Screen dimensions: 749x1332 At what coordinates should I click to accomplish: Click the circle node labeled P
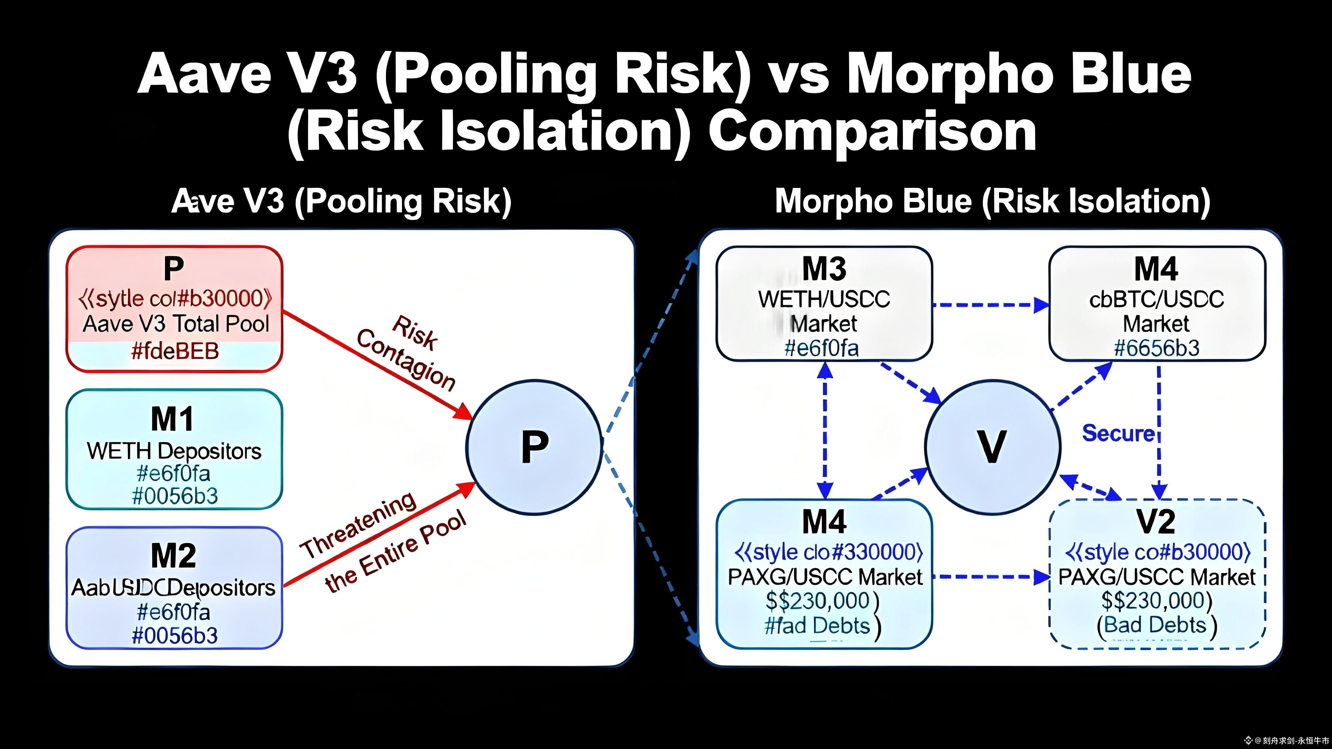pos(533,447)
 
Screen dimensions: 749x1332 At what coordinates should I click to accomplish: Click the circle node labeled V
pos(992,447)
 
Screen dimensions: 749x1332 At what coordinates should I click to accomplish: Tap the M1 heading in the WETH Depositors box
pos(173,419)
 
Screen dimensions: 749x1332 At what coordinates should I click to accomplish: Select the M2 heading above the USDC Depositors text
pos(174,556)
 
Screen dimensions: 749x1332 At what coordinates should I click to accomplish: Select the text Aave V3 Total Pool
pos(176,324)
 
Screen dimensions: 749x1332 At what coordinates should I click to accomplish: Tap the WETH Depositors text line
pos(174,451)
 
